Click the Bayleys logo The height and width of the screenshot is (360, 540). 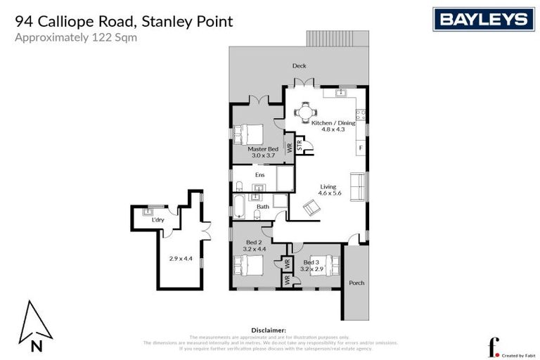click(x=484, y=19)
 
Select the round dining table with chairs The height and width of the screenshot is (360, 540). click(x=305, y=111)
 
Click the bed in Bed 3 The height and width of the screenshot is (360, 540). click(x=325, y=266)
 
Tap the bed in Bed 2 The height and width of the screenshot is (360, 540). click(x=248, y=266)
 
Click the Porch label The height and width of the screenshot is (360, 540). click(x=356, y=283)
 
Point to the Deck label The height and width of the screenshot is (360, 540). click(x=300, y=67)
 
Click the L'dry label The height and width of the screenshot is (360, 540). click(x=157, y=220)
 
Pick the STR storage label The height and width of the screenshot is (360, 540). click(x=299, y=146)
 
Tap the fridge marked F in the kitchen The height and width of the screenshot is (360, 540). click(x=360, y=148)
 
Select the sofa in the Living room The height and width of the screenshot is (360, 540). click(x=357, y=186)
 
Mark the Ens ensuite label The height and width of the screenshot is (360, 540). click(x=259, y=174)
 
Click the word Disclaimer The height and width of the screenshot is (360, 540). click(x=269, y=330)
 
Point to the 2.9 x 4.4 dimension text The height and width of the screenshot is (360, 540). click(x=181, y=258)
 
